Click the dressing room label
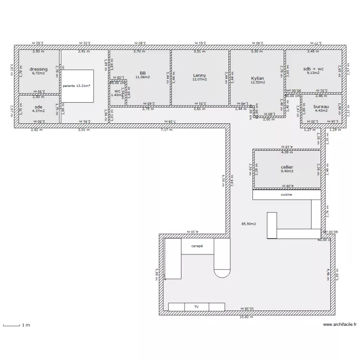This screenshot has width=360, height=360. [x=38, y=69]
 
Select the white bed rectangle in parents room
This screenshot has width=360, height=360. [x=77, y=86]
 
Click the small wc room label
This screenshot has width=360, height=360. [x=117, y=91]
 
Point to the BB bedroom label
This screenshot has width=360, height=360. [x=143, y=73]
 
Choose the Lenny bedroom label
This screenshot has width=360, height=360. [x=199, y=75]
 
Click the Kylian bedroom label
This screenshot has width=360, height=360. [x=257, y=78]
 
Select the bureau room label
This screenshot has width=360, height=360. [x=321, y=107]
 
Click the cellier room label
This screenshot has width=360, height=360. [x=287, y=167]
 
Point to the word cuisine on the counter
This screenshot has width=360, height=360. [x=287, y=195]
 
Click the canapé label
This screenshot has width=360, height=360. [x=197, y=246]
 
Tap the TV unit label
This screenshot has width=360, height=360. [x=196, y=306]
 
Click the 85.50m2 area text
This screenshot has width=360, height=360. [x=248, y=224]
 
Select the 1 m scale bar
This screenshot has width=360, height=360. [x=12, y=325]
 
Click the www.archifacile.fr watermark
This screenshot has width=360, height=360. [x=339, y=324]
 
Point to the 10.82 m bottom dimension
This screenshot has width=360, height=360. [x=247, y=317]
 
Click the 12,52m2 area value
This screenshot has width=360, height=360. [x=257, y=82]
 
